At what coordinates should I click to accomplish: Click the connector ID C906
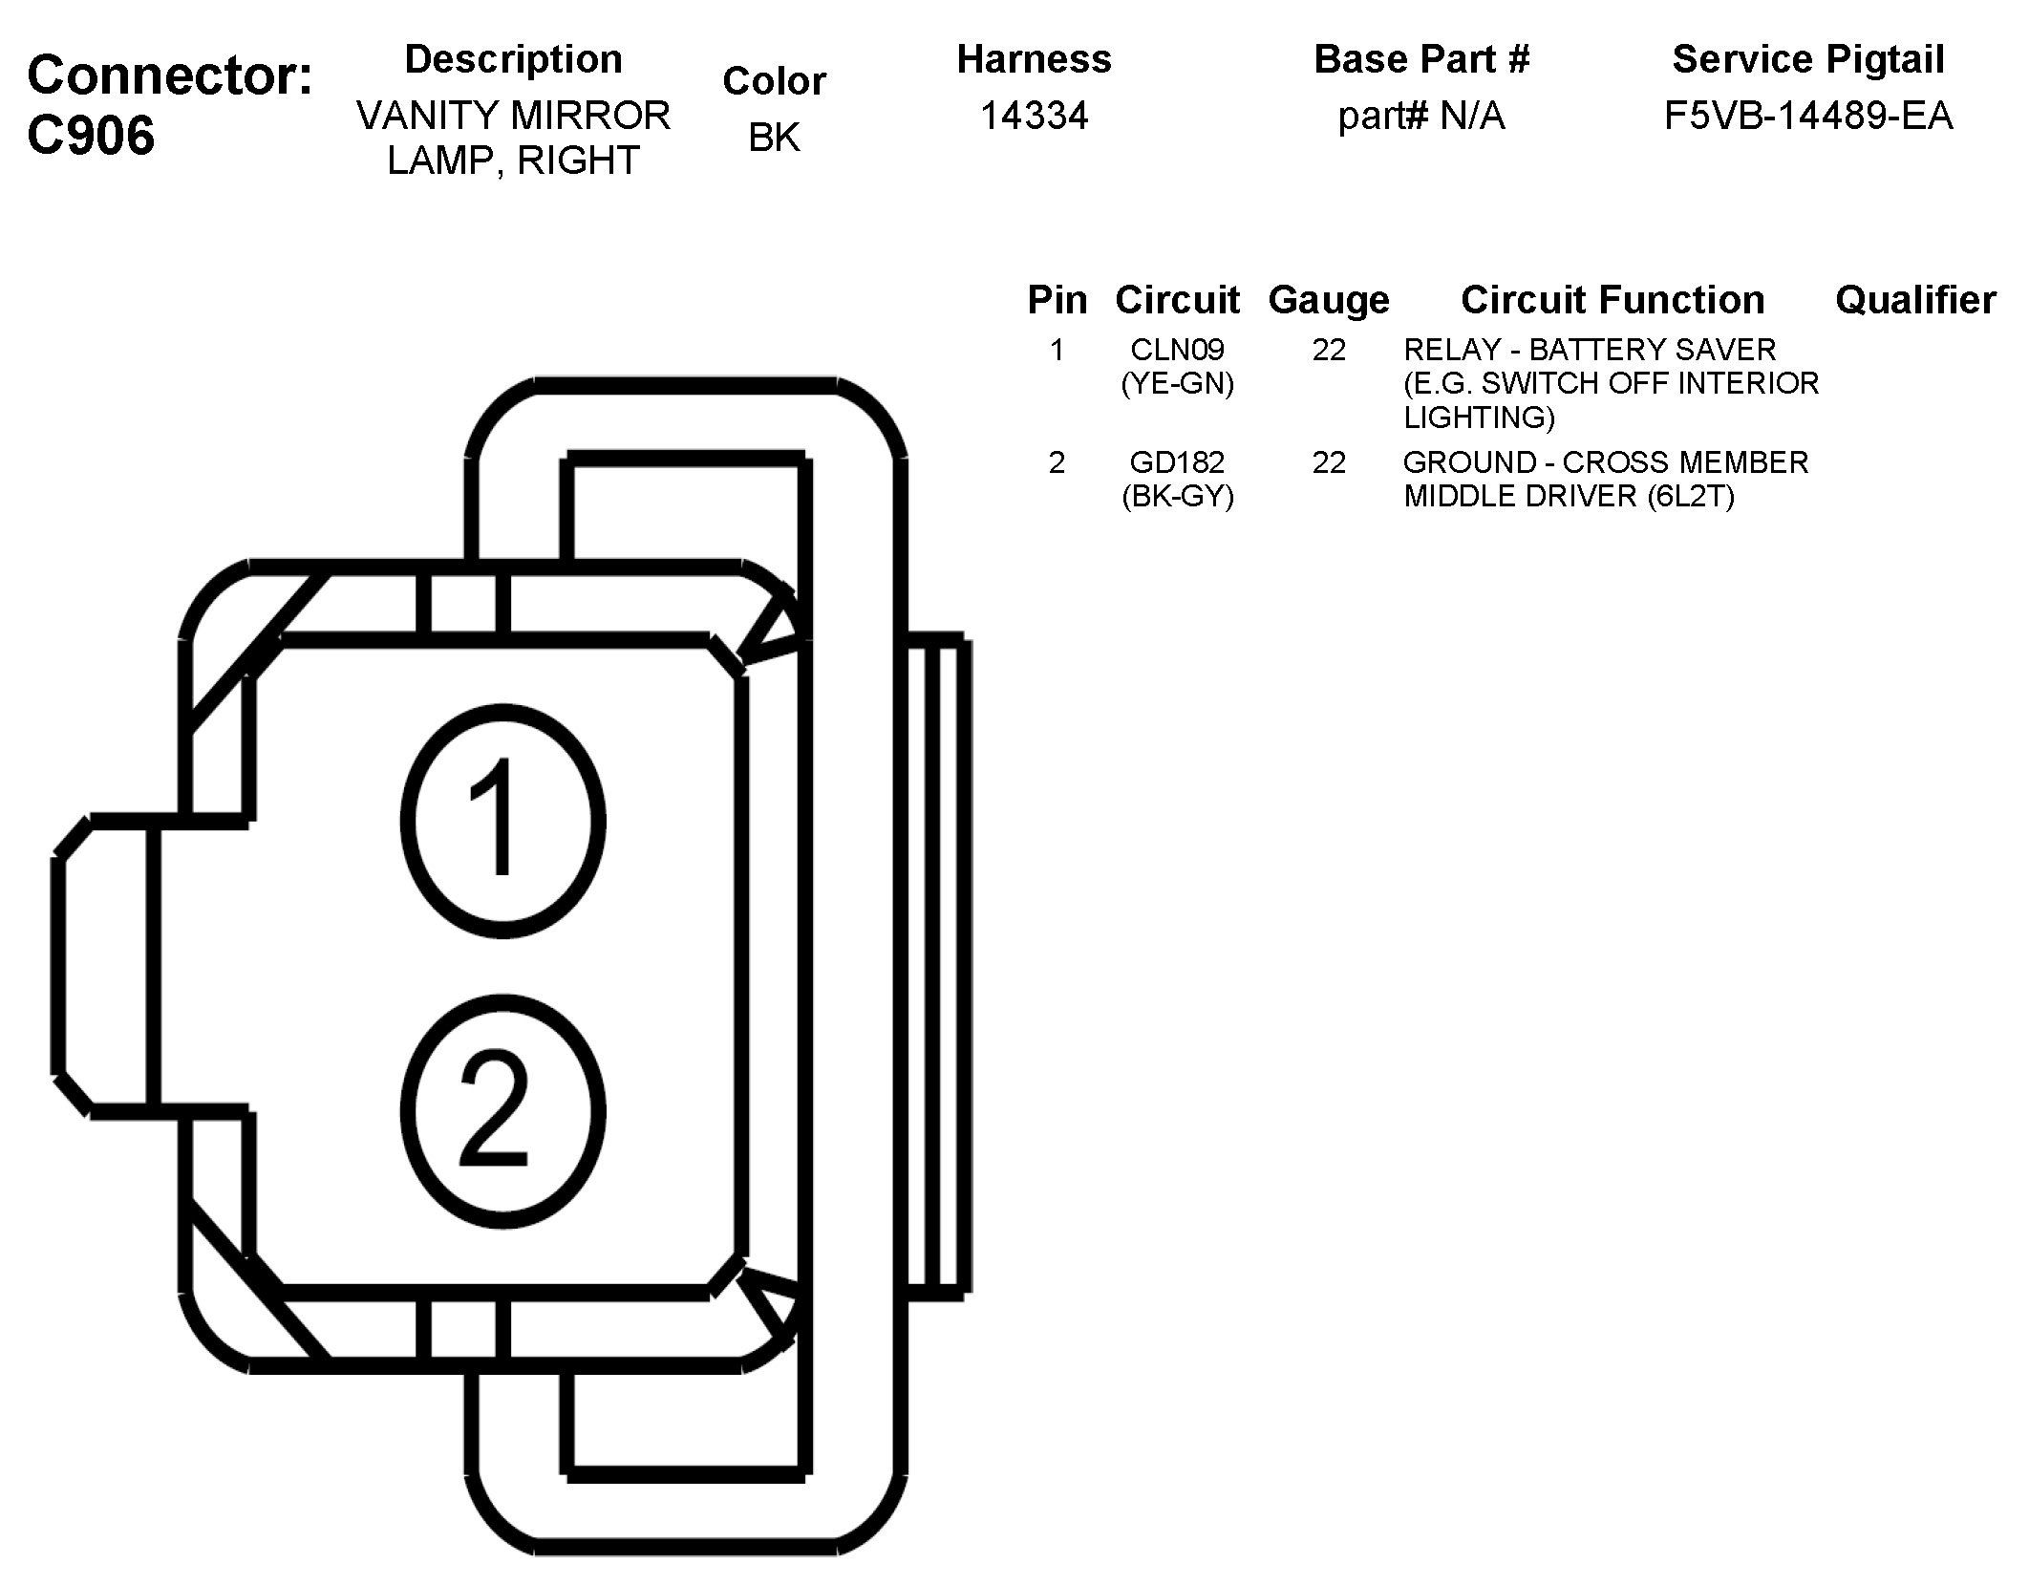point(92,136)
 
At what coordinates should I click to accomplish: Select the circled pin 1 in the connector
point(502,821)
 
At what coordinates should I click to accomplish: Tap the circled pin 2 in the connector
point(502,1110)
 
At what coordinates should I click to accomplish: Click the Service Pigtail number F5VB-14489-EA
point(1807,117)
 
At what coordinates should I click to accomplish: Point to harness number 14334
point(1034,117)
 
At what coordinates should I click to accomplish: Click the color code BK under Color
point(774,138)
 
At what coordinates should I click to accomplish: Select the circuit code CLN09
point(1177,350)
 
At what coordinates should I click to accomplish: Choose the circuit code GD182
point(1177,462)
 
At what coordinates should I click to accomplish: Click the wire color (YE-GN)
point(1177,384)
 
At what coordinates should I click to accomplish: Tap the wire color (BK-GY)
point(1177,497)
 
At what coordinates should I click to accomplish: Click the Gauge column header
point(1328,300)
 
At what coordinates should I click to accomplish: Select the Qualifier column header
point(1914,300)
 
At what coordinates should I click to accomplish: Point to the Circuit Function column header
point(1612,300)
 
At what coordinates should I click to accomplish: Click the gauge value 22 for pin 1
point(1328,350)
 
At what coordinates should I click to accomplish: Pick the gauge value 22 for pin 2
point(1328,462)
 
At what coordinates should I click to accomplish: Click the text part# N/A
point(1420,117)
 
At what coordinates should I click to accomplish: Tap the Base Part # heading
point(1420,59)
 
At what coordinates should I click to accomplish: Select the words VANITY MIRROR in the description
point(513,117)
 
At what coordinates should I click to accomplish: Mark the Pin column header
point(1057,300)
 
